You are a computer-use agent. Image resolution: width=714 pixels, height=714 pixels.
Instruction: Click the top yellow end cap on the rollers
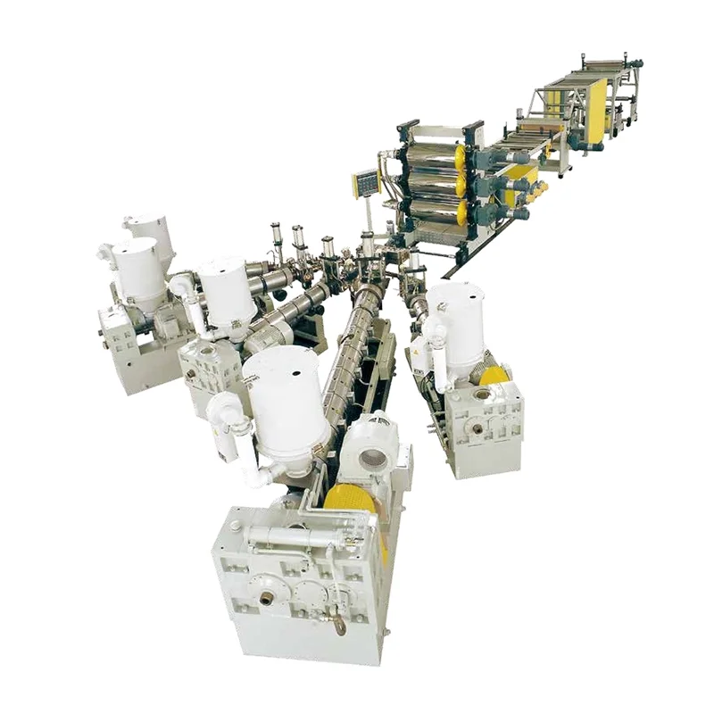click(461, 157)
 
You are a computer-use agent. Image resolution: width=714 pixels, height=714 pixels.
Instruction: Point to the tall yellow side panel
click(596, 112)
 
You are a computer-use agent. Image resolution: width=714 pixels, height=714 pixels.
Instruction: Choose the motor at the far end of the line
click(636, 64)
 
